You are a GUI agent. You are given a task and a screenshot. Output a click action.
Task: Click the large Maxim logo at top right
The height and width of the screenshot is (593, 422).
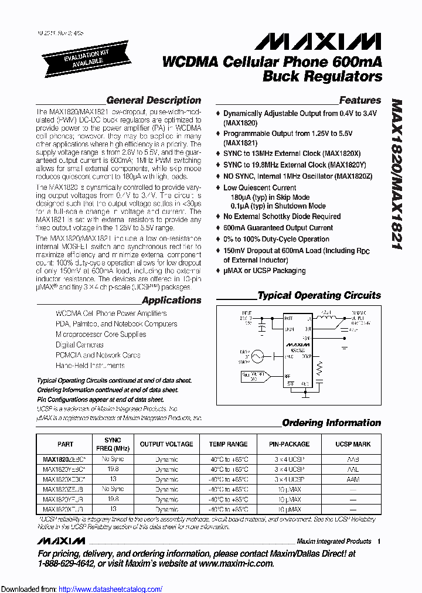click(x=318, y=40)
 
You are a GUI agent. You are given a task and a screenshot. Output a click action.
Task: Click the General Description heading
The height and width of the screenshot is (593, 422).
click(x=154, y=100)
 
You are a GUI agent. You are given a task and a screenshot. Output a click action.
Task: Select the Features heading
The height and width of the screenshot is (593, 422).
click(x=360, y=100)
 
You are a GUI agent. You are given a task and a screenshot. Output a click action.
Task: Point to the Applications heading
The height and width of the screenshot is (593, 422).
click(x=171, y=300)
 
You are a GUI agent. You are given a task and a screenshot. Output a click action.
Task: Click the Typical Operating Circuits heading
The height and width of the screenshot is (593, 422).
click(x=319, y=295)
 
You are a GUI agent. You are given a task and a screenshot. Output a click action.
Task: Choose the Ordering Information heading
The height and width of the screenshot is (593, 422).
click(x=331, y=422)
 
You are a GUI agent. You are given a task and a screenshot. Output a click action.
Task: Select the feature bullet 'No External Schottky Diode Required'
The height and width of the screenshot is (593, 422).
click(x=281, y=216)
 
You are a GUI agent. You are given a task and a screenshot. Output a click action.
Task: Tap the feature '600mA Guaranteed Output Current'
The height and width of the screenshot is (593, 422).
click(x=278, y=227)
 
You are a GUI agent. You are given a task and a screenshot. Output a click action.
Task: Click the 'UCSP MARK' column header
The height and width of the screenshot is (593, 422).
click(x=353, y=444)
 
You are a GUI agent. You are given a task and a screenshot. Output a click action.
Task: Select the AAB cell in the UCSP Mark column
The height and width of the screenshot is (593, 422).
click(x=353, y=459)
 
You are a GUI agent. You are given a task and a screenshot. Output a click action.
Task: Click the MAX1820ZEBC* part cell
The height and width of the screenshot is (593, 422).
click(x=65, y=459)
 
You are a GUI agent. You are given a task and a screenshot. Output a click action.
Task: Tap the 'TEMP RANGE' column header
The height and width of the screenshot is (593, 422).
click(x=228, y=444)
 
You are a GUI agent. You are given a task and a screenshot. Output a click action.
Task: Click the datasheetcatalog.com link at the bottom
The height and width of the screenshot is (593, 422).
click(x=108, y=589)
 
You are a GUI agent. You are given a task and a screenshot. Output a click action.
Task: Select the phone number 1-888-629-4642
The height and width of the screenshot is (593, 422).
click(x=72, y=563)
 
